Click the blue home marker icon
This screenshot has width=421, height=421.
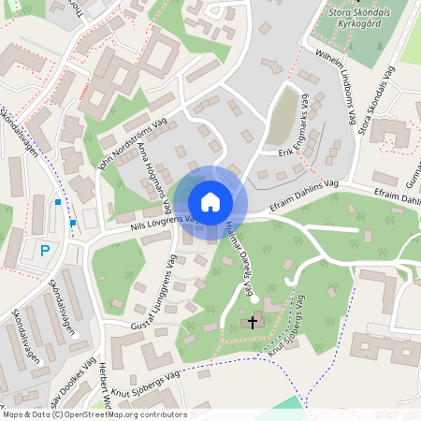click(210, 201)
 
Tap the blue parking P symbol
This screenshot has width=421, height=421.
click(44, 251)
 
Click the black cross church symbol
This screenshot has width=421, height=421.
click(251, 322)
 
